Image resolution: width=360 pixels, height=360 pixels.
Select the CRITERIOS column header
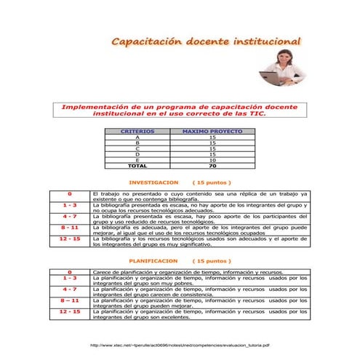point(137,132)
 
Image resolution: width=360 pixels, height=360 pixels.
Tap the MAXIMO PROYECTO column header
point(212,132)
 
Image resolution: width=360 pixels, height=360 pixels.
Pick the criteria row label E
point(137,160)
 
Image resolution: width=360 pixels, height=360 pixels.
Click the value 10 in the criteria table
point(212,160)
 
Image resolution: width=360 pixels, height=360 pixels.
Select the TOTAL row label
point(137,166)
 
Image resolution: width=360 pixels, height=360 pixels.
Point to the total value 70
point(212,166)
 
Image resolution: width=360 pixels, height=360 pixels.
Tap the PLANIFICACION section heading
point(153,260)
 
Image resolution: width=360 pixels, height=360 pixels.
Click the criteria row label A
point(137,137)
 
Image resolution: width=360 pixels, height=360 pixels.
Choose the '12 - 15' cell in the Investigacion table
point(70,238)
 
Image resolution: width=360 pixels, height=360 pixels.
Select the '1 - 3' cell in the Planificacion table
point(70,277)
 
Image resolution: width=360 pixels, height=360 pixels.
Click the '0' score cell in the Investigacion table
point(70,194)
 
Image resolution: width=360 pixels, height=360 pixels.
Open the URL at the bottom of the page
point(180,345)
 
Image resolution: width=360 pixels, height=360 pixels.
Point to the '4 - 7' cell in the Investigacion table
point(70,216)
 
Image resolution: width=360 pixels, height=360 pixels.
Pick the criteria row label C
point(137,149)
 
